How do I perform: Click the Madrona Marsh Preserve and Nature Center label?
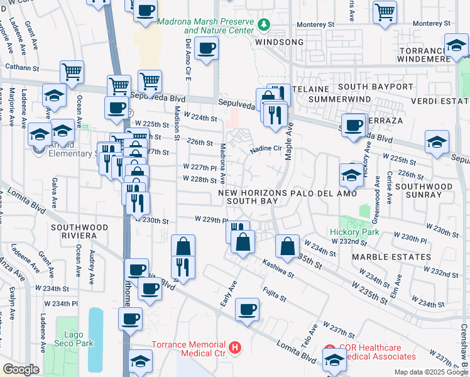pos(205,25)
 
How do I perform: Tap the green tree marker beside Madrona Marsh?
pos(264,25)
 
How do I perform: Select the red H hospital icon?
pos(235,346)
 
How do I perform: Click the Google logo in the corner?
pos(21,369)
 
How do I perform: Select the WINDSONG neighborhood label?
pos(280,42)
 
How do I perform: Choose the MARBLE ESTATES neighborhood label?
pos(391,257)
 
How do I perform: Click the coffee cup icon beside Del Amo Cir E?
pos(206,48)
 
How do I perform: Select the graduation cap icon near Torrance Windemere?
pos(456,45)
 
